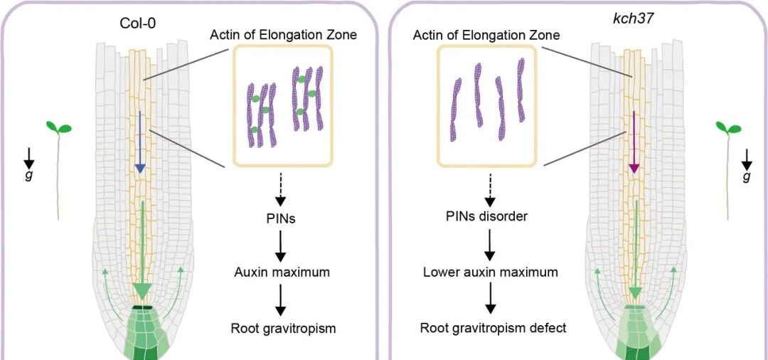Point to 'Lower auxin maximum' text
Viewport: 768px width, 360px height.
(490, 272)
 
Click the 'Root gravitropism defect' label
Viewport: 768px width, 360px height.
(493, 328)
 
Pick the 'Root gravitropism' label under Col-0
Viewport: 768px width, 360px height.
(283, 328)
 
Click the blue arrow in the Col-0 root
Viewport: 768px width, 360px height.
(140, 142)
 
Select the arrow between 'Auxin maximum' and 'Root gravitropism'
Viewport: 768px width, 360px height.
(281, 300)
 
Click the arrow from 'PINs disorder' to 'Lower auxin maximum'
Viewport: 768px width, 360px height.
(490, 243)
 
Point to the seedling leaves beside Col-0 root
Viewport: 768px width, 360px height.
(59, 128)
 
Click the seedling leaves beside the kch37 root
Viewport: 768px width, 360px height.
(728, 129)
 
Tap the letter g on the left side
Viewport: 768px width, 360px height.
(28, 174)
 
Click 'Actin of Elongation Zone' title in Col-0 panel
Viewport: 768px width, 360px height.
(282, 34)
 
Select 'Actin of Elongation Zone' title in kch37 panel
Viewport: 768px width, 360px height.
(486, 34)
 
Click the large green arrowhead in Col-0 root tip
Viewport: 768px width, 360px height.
(142, 290)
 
